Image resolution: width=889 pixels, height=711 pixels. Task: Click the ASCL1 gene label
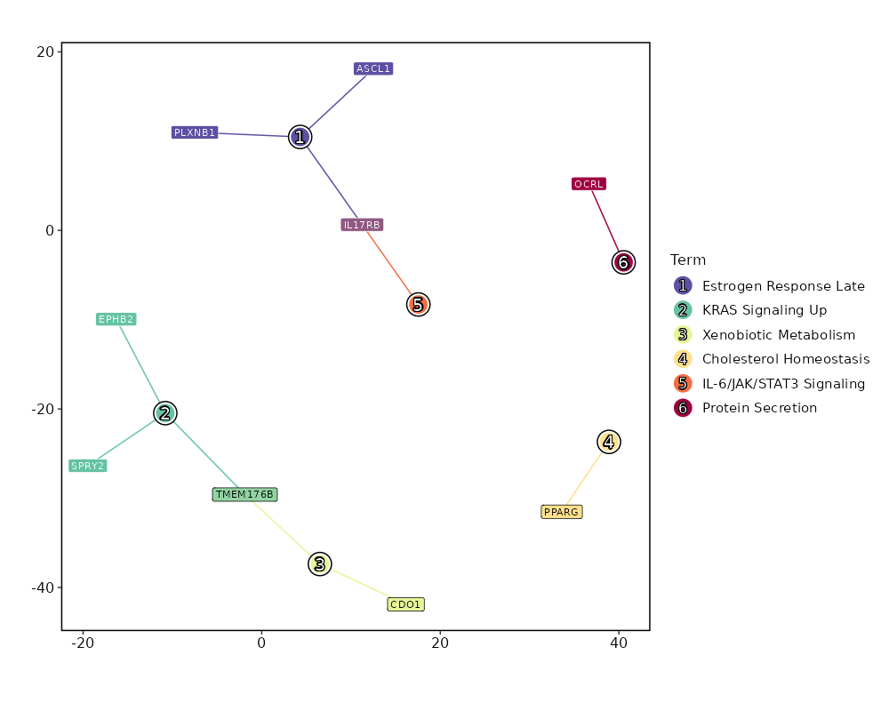(373, 68)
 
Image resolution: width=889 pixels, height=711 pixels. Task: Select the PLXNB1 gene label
(195, 132)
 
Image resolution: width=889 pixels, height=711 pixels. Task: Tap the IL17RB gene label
(362, 225)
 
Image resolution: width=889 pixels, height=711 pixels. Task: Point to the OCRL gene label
(589, 184)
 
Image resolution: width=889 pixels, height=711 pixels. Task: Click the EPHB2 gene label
(116, 319)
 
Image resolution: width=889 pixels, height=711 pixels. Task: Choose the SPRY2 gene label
(88, 466)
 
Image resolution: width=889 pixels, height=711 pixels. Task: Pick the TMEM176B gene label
(244, 494)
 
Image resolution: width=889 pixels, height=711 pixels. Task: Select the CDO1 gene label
(405, 604)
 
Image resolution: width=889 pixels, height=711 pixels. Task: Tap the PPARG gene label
(562, 512)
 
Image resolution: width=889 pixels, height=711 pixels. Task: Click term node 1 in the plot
(300, 137)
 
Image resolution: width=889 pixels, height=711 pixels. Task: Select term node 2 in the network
(164, 412)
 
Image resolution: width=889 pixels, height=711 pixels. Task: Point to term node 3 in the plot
(320, 563)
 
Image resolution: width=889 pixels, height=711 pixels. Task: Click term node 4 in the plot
(608, 442)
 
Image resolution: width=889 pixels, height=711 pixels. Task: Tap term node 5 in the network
(418, 305)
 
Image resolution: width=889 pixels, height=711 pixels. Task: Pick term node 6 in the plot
(623, 262)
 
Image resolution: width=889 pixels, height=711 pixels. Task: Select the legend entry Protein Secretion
(759, 408)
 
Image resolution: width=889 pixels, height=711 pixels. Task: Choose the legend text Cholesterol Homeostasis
(785, 359)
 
